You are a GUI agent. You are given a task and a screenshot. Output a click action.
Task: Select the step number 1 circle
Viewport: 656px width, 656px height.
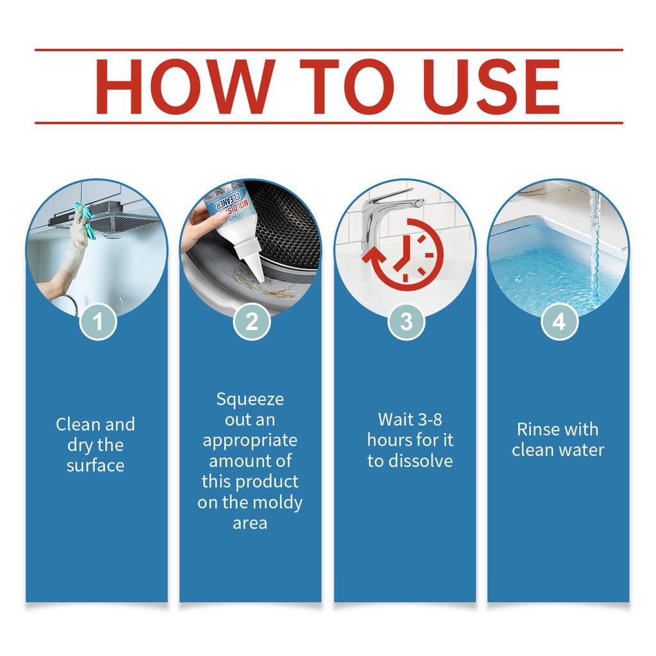click(98, 322)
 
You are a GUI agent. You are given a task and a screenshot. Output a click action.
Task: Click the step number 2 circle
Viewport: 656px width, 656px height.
click(252, 322)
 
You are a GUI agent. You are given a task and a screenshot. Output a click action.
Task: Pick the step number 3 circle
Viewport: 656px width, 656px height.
click(406, 322)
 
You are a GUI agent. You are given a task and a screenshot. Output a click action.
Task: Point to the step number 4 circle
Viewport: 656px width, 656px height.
click(559, 322)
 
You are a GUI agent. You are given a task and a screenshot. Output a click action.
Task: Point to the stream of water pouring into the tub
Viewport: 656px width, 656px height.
click(594, 243)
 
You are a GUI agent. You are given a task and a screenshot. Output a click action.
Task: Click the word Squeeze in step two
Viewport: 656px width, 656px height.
click(250, 400)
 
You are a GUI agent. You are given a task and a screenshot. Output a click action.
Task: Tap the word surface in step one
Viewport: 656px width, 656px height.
click(95, 465)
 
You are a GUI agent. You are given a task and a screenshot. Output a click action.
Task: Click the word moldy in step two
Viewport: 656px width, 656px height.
click(278, 503)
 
